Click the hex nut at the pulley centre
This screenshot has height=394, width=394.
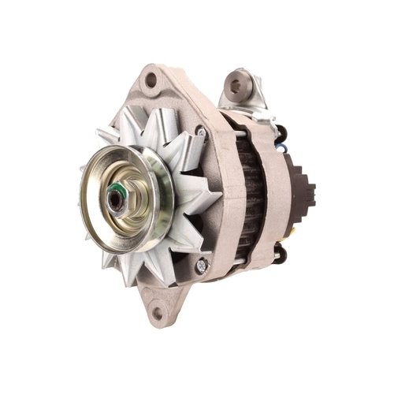point(118,196)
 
